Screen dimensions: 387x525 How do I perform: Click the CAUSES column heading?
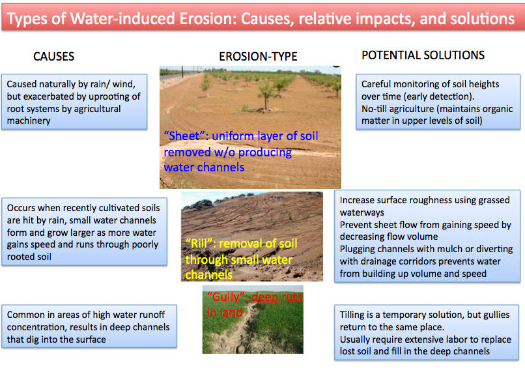(x=53, y=57)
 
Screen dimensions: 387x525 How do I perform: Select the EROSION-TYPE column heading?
(x=258, y=57)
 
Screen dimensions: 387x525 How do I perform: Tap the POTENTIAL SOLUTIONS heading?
(x=423, y=55)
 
